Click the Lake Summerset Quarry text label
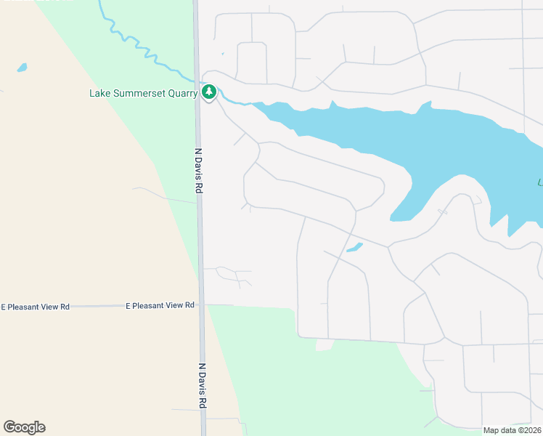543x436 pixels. [144, 93]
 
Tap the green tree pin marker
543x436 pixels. [209, 92]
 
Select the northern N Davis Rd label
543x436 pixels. [199, 171]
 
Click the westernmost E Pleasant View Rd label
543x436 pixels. [35, 307]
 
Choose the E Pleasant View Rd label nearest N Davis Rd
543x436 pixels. [160, 306]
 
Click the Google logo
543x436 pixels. [24, 427]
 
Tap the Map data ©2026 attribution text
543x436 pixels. [512, 430]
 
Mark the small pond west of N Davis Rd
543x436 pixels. [22, 68]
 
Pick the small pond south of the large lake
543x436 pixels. [354, 248]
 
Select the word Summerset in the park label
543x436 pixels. [138, 93]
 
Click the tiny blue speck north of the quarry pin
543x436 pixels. [223, 53]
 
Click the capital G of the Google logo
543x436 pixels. [9, 427]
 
